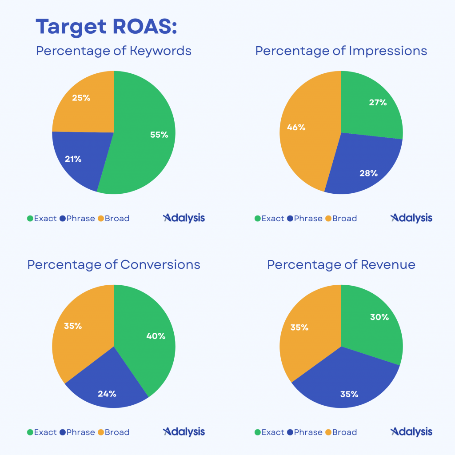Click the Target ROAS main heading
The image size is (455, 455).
point(107,27)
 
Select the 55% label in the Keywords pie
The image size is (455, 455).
point(159,135)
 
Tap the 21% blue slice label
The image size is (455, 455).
point(73,159)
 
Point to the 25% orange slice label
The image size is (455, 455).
point(81,98)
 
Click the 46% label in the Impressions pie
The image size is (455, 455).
point(296,127)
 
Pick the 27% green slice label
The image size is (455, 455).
point(378,103)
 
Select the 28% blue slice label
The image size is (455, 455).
point(368,173)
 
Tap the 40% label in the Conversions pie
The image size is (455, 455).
point(156,336)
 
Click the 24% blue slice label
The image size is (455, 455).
point(107,393)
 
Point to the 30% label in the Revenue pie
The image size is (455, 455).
point(379,317)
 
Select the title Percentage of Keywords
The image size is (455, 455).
point(114,51)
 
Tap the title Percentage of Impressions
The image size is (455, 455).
point(341,51)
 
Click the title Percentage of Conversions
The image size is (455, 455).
point(114,265)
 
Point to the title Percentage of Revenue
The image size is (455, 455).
point(341,265)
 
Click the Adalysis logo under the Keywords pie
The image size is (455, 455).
point(184,218)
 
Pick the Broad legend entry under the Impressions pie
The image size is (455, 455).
point(341,219)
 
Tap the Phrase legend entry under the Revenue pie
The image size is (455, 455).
point(305,432)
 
